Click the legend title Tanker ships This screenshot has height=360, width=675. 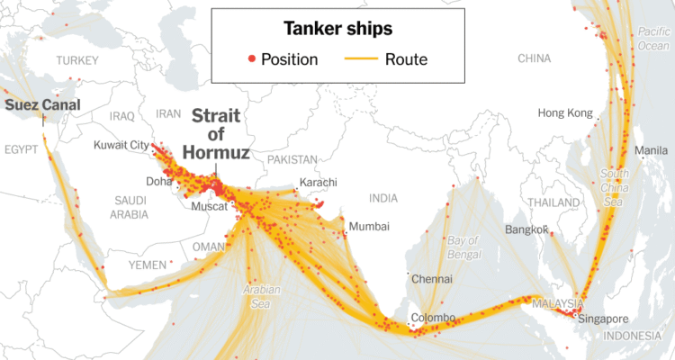click(x=337, y=29)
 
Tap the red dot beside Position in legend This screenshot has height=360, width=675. click(x=251, y=60)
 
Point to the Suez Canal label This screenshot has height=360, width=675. click(x=42, y=105)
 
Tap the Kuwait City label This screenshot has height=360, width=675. click(x=121, y=145)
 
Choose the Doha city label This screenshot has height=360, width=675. click(x=158, y=181)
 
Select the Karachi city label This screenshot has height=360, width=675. click(x=318, y=183)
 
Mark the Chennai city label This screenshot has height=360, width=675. click(x=431, y=279)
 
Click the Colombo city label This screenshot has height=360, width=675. click(x=433, y=318)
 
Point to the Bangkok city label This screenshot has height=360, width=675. click(x=527, y=229)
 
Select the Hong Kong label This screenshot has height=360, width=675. click(x=565, y=113)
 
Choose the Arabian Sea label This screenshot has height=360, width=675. click(x=261, y=296)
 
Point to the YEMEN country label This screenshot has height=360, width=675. click(x=147, y=265)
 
